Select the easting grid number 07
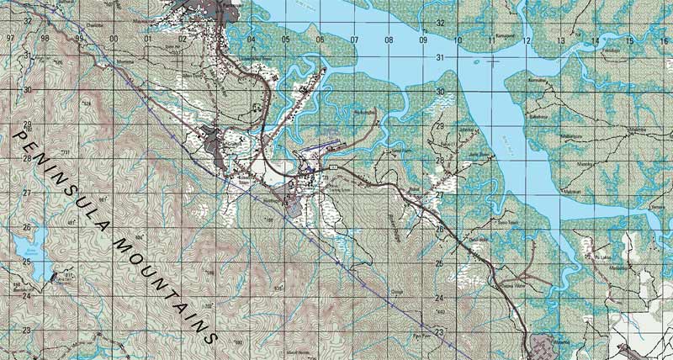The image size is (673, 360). coord(354,40)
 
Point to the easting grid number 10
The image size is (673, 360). coord(458,40)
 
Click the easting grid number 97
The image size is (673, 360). coord(10,39)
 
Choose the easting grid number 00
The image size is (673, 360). coord(113,39)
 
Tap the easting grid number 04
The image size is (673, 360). coord(251,40)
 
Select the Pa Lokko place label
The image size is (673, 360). coord(601,257)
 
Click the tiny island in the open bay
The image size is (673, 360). coord(477,62)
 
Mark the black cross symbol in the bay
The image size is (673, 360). coord(494,61)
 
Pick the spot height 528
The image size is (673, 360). coord(87,103)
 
